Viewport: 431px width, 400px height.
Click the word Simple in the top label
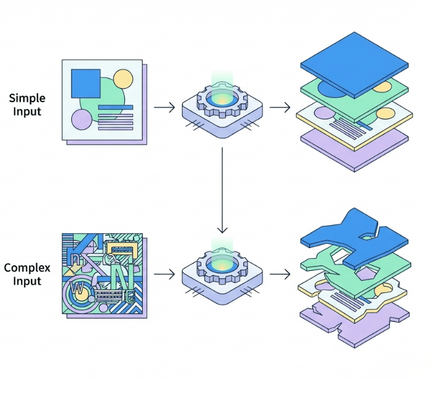coord(27,98)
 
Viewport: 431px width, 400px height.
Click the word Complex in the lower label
coord(27,268)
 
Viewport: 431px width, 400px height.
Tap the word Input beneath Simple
coord(27,111)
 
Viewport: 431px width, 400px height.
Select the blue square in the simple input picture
coord(86,83)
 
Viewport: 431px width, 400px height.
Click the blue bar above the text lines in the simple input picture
coord(116,108)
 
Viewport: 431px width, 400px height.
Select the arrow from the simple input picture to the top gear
coord(164,108)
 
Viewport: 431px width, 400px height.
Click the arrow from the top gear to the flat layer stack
coord(280,108)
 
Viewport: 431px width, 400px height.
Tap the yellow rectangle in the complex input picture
coord(123,248)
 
